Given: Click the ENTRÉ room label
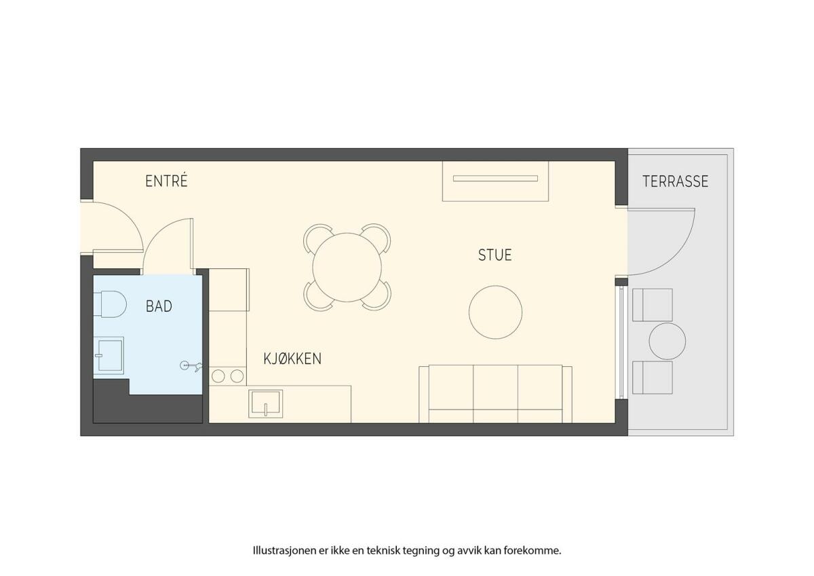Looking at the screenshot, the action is tap(166, 181).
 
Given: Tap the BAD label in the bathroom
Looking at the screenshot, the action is tap(159, 306).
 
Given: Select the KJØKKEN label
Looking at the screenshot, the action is tap(292, 359).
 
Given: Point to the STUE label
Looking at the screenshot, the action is tap(495, 255).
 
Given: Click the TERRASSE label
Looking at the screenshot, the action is tap(676, 181).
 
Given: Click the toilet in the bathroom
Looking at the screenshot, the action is tap(110, 304).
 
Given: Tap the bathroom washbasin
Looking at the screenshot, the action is tap(109, 355).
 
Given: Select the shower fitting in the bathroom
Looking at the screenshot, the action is tap(191, 365).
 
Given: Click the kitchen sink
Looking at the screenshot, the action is tap(266, 403).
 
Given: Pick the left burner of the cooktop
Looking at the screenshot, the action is tap(218, 376).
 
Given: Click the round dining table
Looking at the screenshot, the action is tap(347, 268).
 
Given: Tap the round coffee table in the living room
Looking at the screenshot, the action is tap(496, 312).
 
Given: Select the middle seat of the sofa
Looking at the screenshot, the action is tap(496, 394).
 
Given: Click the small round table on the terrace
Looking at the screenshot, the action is tap(667, 341).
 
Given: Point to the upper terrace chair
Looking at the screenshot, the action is tap(653, 305).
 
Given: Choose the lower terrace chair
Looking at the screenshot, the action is tap(653, 378).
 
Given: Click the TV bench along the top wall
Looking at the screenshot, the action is tap(495, 181).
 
